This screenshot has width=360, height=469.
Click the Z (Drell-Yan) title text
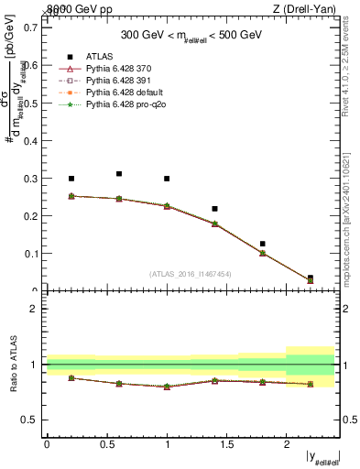309,9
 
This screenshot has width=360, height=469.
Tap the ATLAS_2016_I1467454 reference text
191,274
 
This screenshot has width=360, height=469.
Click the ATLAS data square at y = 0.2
71,179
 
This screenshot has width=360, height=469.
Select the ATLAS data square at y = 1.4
214,209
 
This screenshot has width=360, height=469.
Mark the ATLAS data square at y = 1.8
262,244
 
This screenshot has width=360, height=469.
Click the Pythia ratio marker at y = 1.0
167,387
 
